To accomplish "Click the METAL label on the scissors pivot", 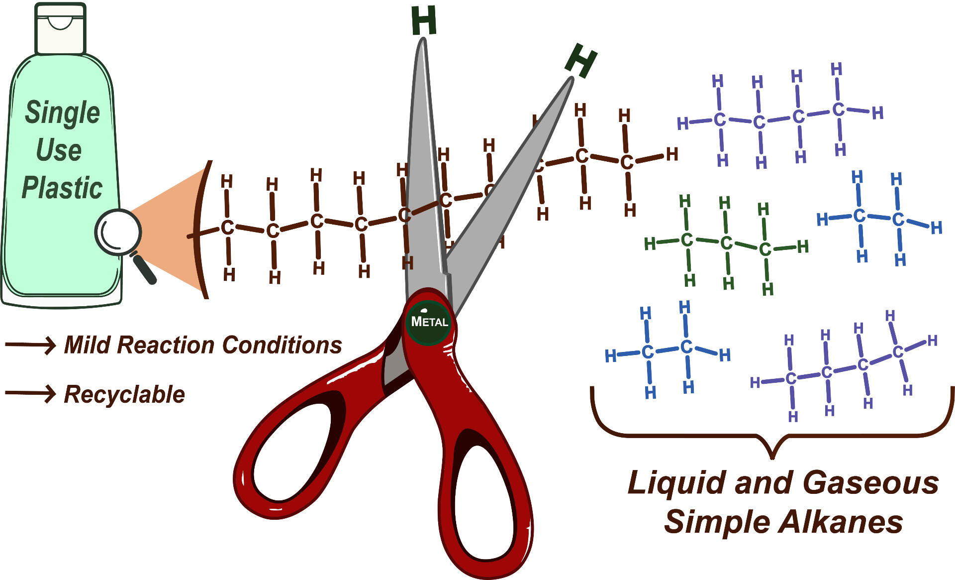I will point(429,322).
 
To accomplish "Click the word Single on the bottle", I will point(63,113).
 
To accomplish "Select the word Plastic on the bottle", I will point(62,188).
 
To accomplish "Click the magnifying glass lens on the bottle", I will point(118,232).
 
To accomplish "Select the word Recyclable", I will point(124,394).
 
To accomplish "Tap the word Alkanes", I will point(840,522).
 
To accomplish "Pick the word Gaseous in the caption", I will point(870,483).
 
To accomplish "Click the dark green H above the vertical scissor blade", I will point(424,21).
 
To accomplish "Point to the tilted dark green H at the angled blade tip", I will point(581,60).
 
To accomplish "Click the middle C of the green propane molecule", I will point(726,243).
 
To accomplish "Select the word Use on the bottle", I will point(59,150).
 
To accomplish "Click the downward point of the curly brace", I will point(772,456).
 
